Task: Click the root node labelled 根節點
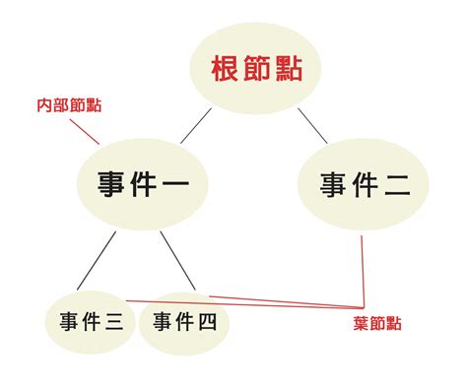[254, 70]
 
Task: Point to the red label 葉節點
[376, 323]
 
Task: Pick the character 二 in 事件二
[397, 184]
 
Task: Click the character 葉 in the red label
[361, 323]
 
